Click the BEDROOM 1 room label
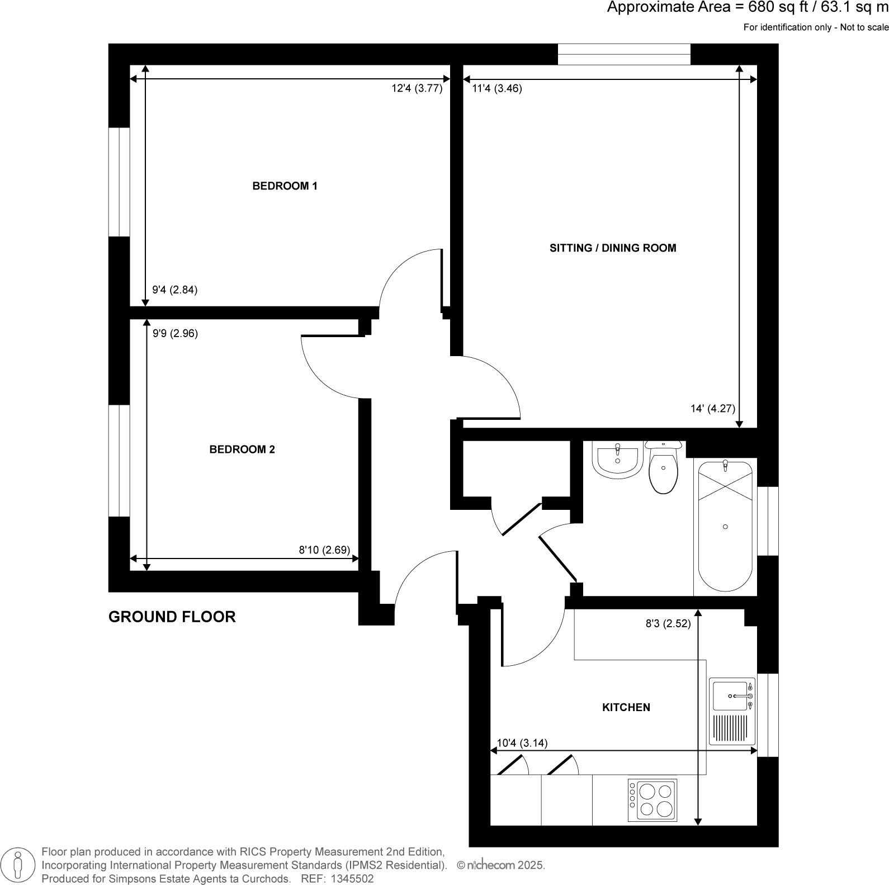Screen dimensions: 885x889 285,186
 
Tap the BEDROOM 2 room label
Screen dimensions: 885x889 242,449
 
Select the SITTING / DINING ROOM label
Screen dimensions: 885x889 613,248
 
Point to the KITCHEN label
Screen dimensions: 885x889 626,708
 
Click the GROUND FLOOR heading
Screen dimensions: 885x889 172,617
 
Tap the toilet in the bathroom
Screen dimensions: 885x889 663,469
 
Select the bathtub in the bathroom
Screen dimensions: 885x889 725,526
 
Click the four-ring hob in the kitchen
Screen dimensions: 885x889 652,800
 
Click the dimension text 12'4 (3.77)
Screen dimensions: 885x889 417,88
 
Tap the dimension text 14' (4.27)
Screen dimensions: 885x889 712,409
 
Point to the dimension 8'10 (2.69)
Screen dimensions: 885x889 324,550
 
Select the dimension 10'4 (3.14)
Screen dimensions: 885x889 522,744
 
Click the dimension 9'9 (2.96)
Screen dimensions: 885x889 175,334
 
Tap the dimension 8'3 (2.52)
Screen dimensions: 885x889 668,624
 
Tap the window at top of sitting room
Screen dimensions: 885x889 624,55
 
